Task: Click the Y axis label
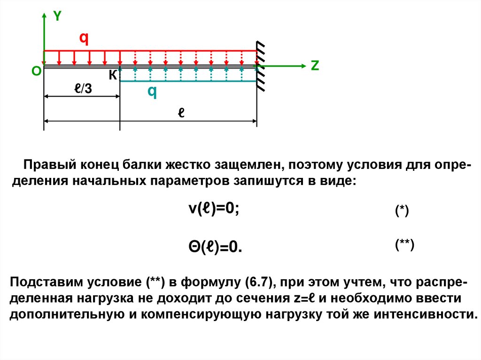tap(57, 16)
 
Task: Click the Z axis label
tap(314, 66)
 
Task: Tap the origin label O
tap(36, 71)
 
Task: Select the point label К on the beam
tap(113, 75)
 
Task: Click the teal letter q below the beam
tap(152, 92)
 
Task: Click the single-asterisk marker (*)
tap(402, 211)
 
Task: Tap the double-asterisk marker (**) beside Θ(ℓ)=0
tap(404, 245)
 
